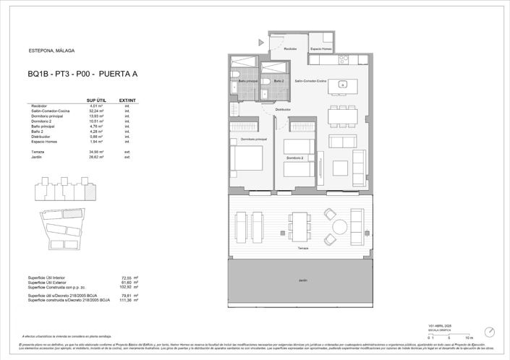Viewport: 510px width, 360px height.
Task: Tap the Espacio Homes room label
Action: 320,49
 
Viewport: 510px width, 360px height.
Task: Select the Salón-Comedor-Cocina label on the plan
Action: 311,81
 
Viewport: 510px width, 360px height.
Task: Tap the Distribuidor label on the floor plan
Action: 282,110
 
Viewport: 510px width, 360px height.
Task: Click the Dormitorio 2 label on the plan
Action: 294,158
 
